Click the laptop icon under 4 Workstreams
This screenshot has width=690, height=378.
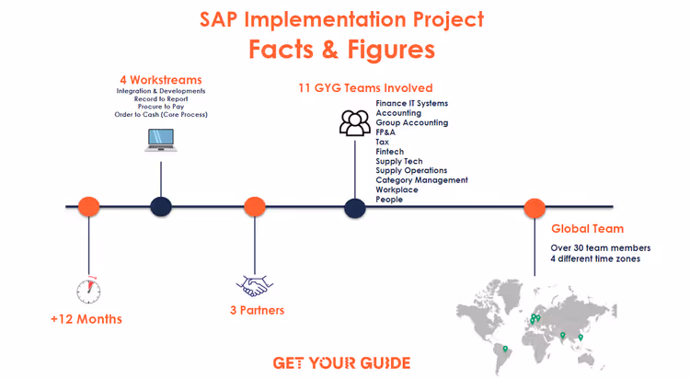[x=161, y=140]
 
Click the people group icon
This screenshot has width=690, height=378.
[x=354, y=122]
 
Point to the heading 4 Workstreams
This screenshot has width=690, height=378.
[x=162, y=79]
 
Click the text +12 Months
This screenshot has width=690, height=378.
[x=86, y=319]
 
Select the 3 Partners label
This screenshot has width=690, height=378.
[x=257, y=310]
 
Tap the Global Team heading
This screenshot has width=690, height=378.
[x=587, y=229]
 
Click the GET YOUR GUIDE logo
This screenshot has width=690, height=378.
[x=342, y=362]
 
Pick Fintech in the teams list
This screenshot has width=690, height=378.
[x=389, y=152]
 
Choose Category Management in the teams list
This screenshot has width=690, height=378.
[x=421, y=180]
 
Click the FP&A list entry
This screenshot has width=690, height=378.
[x=386, y=132]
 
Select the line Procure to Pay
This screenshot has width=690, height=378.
[x=162, y=107]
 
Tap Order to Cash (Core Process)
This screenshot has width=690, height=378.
[x=162, y=115]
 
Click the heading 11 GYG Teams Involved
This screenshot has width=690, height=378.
[x=365, y=88]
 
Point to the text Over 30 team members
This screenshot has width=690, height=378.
[x=601, y=248]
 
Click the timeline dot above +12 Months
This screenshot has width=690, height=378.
[x=88, y=207]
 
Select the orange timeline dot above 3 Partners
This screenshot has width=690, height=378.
[x=255, y=207]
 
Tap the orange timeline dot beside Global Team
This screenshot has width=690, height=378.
[x=535, y=208]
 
